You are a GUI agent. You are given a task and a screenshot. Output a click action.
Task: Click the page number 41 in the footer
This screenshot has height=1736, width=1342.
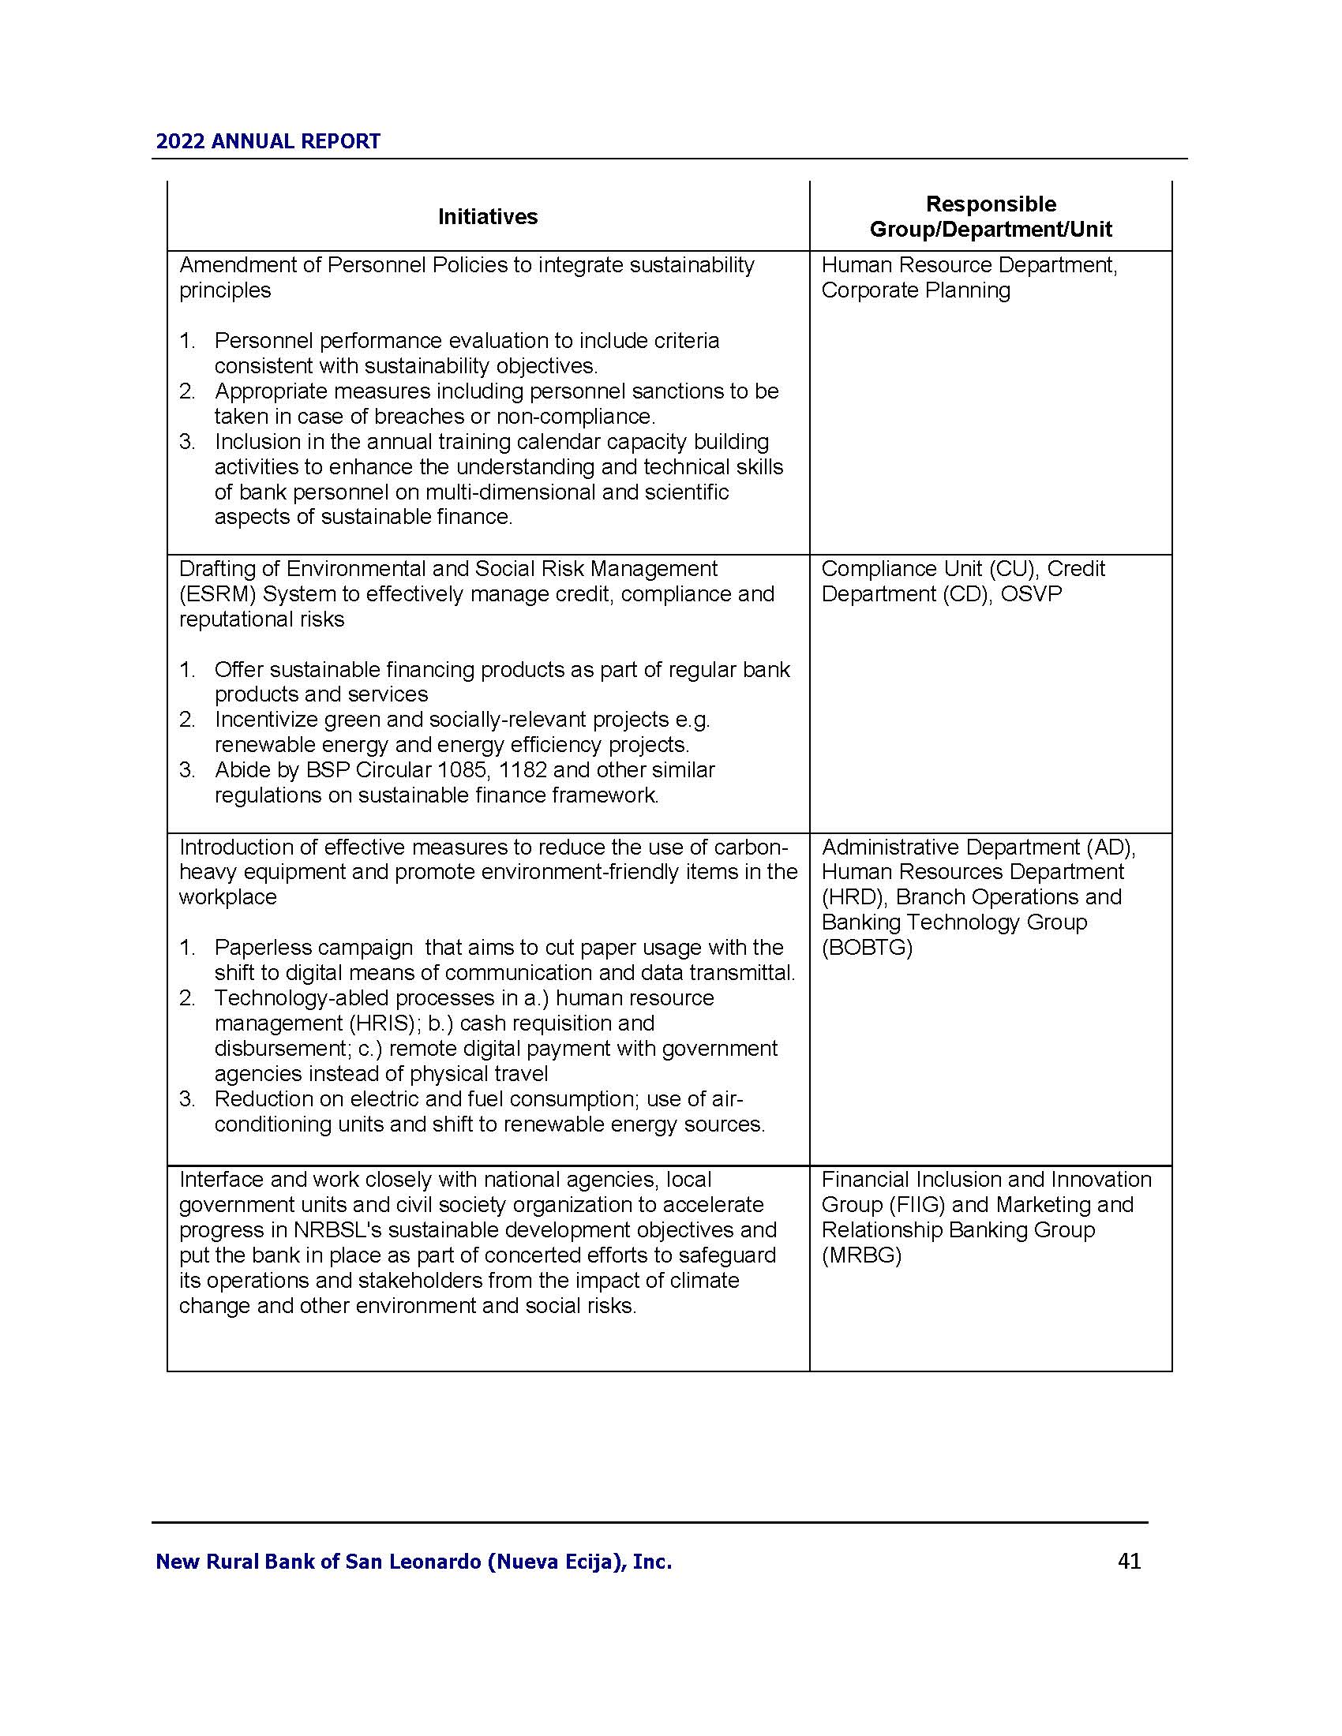click(x=1129, y=1561)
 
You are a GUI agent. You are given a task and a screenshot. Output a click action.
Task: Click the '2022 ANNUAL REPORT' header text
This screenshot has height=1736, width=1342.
click(x=268, y=141)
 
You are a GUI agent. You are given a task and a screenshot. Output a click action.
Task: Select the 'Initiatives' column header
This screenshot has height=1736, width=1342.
click(x=487, y=216)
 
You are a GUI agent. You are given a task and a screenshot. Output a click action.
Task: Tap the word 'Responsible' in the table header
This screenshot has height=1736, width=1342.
click(x=991, y=204)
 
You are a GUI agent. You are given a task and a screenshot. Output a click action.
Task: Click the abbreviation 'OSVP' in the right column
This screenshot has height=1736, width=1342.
click(x=1031, y=593)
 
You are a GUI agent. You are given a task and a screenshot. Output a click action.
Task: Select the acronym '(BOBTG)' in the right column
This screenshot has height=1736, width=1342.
click(x=867, y=948)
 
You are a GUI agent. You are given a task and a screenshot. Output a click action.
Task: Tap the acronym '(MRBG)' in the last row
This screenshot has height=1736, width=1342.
click(x=862, y=1255)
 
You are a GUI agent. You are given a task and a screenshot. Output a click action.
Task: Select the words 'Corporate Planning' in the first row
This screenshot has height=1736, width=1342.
click(x=916, y=290)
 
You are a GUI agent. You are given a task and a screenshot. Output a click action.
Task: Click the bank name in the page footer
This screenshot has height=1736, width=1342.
click(x=414, y=1562)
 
